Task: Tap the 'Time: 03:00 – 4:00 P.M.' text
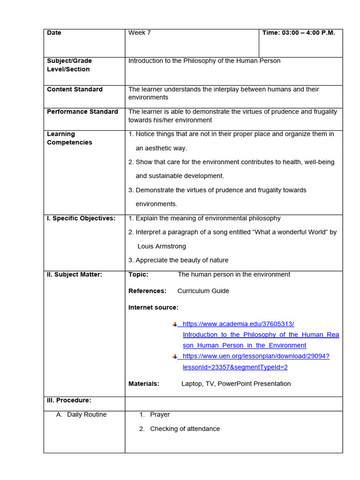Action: click(299, 33)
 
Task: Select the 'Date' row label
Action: click(54, 33)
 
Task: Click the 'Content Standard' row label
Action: click(75, 89)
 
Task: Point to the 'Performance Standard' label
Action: click(82, 112)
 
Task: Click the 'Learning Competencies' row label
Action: click(69, 138)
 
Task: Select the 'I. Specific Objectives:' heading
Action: click(81, 218)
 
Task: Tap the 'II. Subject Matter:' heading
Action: click(75, 274)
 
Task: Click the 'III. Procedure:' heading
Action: click(69, 400)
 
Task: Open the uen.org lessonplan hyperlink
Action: click(256, 356)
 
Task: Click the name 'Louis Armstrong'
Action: click(162, 246)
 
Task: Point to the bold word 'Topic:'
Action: click(138, 274)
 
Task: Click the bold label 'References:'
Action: click(147, 291)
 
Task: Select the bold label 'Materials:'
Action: click(144, 383)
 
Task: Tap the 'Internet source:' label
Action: click(153, 307)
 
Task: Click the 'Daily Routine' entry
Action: click(87, 414)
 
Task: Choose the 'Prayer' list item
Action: click(160, 414)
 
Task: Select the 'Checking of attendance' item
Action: click(185, 428)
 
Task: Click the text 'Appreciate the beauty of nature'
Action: click(182, 260)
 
